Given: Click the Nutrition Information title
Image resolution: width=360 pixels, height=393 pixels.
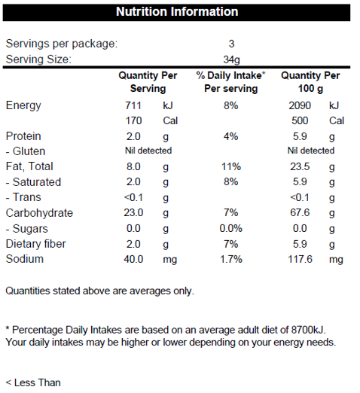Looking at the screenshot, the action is pyautogui.click(x=177, y=11).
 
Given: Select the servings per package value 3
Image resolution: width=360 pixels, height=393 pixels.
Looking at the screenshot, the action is pyautogui.click(x=231, y=44).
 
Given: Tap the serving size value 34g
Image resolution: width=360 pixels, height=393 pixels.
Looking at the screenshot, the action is pyautogui.click(x=231, y=59).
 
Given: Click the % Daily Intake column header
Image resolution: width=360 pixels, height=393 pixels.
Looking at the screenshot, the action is pyautogui.click(x=230, y=82).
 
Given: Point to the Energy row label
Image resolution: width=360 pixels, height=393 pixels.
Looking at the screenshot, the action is pyautogui.click(x=23, y=105).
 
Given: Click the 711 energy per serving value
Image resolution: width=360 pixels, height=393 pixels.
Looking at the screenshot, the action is pyautogui.click(x=133, y=105).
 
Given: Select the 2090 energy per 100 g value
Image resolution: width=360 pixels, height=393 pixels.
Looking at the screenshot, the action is pyautogui.click(x=300, y=105).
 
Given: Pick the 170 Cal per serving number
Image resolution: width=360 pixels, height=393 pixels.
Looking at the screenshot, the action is pyautogui.click(x=133, y=120).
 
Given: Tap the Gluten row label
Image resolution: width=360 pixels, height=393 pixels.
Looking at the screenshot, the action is pyautogui.click(x=26, y=151).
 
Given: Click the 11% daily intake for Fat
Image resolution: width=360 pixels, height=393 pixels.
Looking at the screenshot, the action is pyautogui.click(x=231, y=166).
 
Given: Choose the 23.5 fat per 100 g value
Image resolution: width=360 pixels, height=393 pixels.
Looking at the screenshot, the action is pyautogui.click(x=300, y=166).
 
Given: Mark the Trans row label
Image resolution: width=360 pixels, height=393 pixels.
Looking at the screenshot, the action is pyautogui.click(x=23, y=197).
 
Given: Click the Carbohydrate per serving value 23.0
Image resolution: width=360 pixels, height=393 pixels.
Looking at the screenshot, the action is pyautogui.click(x=133, y=212).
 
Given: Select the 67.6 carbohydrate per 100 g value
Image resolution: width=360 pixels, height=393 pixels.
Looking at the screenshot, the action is pyautogui.click(x=300, y=212).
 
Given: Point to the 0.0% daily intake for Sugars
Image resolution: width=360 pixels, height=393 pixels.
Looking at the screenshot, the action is pyautogui.click(x=230, y=228).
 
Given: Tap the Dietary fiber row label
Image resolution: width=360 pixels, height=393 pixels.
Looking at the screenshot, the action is pyautogui.click(x=35, y=244).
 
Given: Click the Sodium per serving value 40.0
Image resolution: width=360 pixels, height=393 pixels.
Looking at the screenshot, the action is pyautogui.click(x=133, y=259).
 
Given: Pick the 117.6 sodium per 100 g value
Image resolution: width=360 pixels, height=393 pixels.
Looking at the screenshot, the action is pyautogui.click(x=300, y=259).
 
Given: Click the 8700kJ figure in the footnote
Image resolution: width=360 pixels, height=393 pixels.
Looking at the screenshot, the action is pyautogui.click(x=309, y=330).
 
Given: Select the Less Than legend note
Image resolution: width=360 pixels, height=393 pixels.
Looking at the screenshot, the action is pyautogui.click(x=33, y=382).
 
